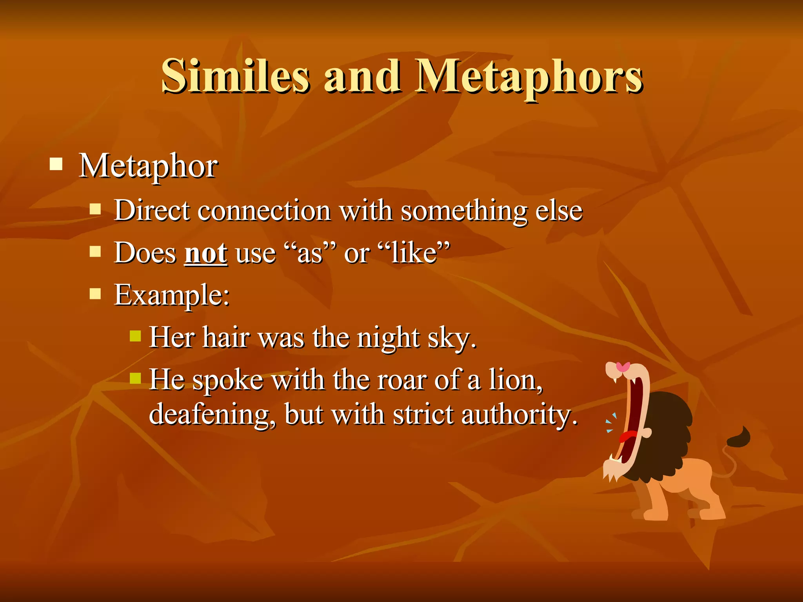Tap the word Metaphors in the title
(529, 76)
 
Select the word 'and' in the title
(362, 76)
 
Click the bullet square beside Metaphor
(56, 164)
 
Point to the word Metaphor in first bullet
(148, 166)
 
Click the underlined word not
(206, 253)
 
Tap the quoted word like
(414, 253)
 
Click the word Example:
(172, 295)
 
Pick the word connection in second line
(264, 210)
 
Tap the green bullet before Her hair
(135, 336)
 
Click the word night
(388, 338)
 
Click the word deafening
(212, 415)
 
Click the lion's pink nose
(623, 367)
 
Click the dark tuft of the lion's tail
(739, 437)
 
